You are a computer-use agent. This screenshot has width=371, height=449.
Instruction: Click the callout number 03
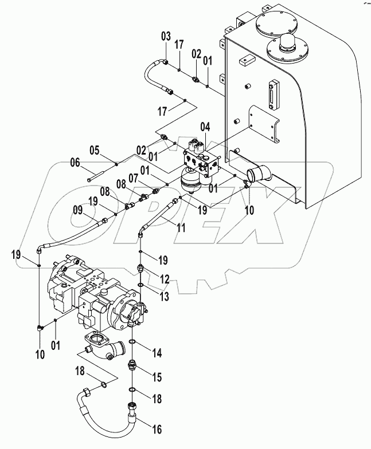(166, 37)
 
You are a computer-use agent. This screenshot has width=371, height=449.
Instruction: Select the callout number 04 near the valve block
(205, 126)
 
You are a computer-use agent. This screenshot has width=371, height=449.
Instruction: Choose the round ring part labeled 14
(132, 342)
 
